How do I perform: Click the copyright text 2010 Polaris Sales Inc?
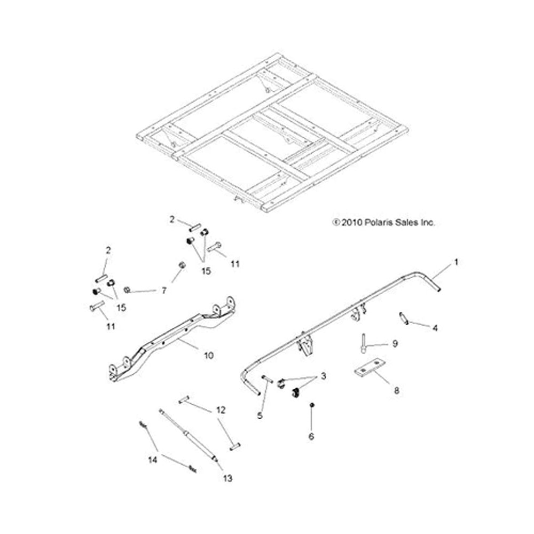[x=383, y=222]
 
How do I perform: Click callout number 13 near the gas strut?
[x=228, y=478]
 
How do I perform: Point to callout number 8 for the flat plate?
[x=396, y=391]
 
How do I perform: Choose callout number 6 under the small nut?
[x=312, y=436]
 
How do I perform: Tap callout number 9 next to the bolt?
[x=395, y=344]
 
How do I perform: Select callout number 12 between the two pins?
[x=220, y=410]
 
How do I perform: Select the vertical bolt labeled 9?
[x=363, y=341]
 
